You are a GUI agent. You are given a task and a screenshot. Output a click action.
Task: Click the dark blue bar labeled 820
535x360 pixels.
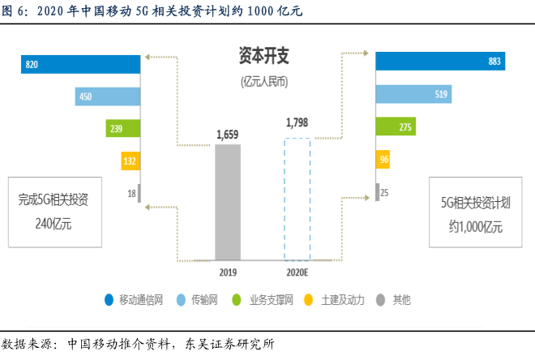coord(81,65)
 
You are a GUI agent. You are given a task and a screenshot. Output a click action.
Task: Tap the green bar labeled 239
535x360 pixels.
coord(122,129)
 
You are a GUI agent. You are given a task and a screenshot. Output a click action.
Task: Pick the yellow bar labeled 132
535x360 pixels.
coord(131,161)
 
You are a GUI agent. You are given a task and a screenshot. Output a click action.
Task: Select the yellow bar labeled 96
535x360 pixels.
coord(383,160)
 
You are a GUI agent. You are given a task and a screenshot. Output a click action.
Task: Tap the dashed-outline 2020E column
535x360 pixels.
coord(297,199)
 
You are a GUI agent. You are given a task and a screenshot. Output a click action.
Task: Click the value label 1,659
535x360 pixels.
coord(228,135)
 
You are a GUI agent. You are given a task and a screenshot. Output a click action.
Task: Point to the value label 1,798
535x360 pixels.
coord(297,123)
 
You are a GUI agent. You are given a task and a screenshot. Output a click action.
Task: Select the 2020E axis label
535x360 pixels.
coord(297,273)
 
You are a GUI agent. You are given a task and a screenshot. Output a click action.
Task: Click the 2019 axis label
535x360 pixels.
coord(228,273)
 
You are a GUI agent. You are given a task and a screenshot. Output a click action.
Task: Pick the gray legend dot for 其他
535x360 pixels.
coord(379,299)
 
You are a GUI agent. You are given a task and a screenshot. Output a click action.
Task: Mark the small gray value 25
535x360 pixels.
coord(384,193)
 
